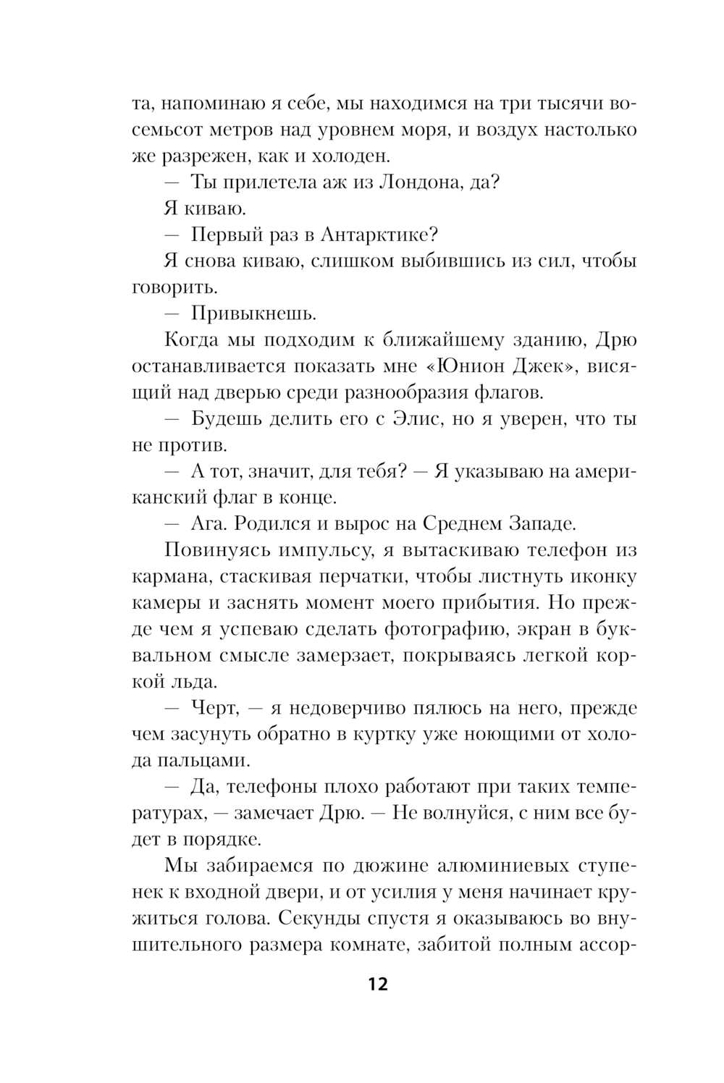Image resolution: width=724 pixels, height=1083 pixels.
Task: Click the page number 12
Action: point(377,985)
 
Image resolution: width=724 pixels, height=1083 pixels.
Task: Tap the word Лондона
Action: point(418,182)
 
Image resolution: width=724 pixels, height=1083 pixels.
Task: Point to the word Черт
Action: point(214,707)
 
